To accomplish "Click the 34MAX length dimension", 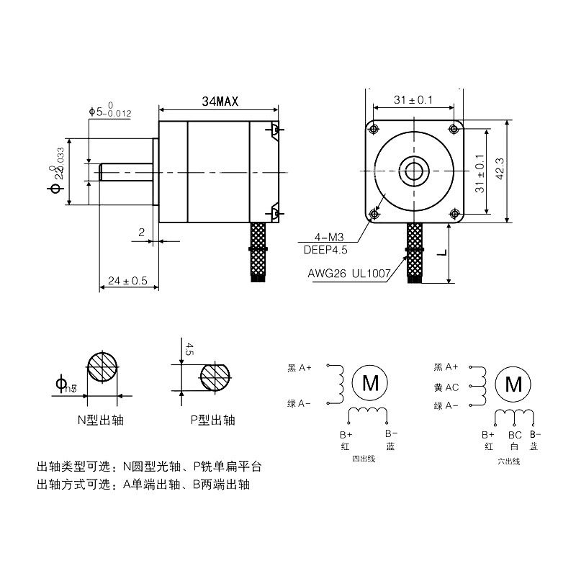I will pyautogui.click(x=220, y=102).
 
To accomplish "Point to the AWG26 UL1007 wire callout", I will pyautogui.click(x=348, y=274).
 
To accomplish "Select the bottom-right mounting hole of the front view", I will pyautogui.click(x=454, y=213).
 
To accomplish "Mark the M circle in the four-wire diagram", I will pyautogui.click(x=370, y=382).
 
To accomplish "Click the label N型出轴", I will pyautogui.click(x=100, y=420).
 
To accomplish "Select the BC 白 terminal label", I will pyautogui.click(x=514, y=441).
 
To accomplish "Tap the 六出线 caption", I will pyautogui.click(x=508, y=461).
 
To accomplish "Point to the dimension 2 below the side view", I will pyautogui.click(x=141, y=232).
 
